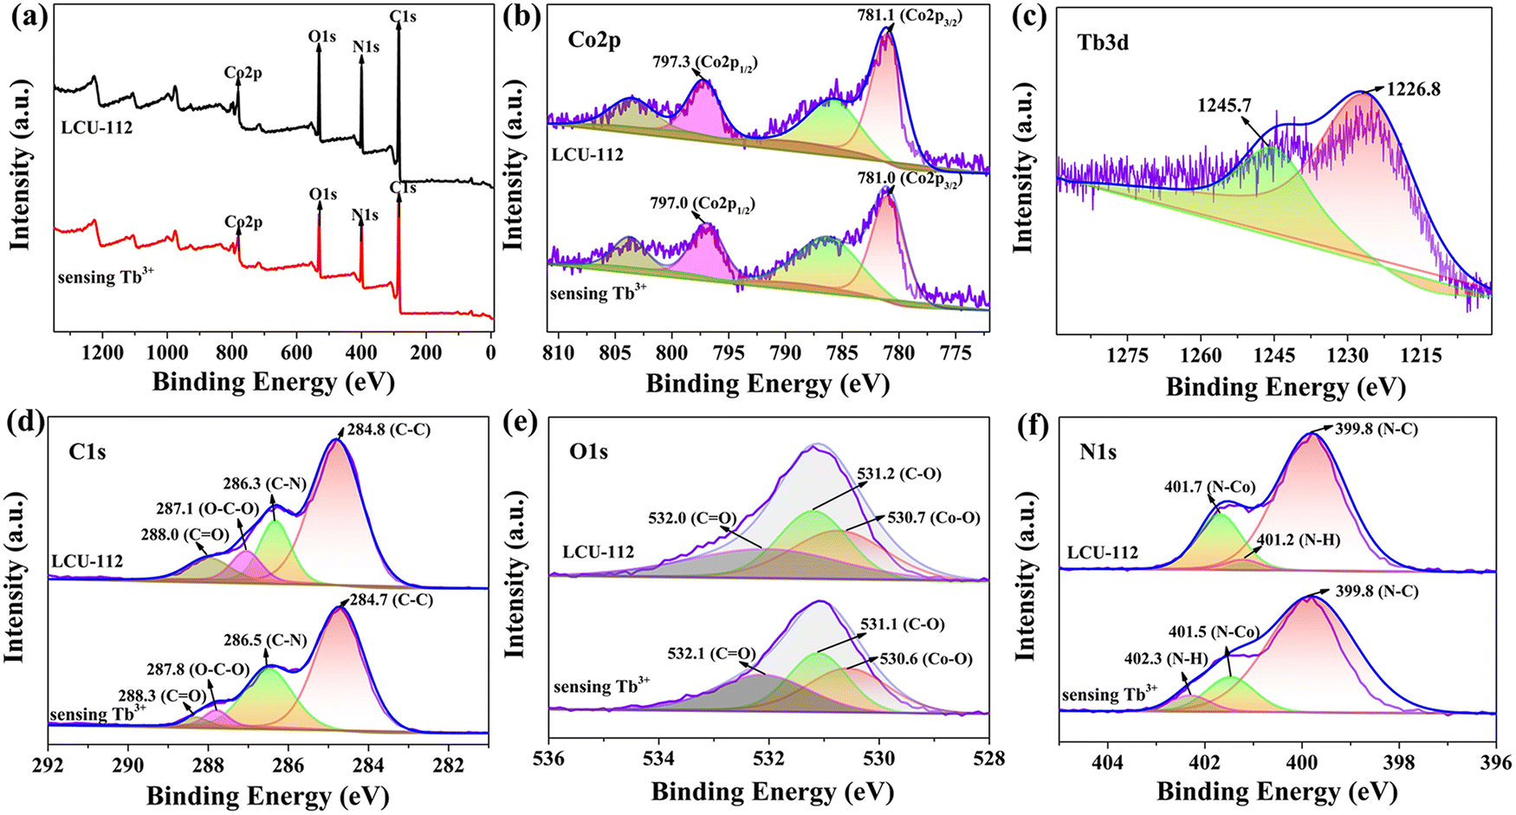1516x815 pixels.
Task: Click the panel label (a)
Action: tap(25, 18)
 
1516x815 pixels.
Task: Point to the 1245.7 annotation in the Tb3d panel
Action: tap(1224, 106)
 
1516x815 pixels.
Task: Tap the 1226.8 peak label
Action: tap(1414, 88)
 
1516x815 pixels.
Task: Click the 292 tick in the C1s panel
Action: tap(49, 764)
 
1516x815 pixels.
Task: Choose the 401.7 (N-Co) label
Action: tap(1209, 487)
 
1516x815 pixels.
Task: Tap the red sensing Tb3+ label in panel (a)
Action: tap(99, 277)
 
